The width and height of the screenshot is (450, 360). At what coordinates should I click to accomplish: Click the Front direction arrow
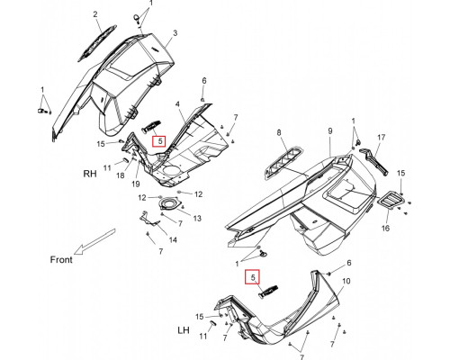click(x=94, y=241)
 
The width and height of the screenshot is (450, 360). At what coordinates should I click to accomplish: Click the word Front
click(x=61, y=259)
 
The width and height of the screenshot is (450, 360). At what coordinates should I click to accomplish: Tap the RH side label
click(x=90, y=174)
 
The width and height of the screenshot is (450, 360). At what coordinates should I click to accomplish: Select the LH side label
click(x=184, y=330)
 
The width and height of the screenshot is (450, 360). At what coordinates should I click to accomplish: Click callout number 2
click(x=95, y=14)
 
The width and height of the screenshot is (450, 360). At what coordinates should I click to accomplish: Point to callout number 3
click(x=175, y=32)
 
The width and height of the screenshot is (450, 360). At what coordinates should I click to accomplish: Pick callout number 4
click(x=177, y=104)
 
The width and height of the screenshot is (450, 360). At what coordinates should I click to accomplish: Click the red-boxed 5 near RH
click(x=159, y=140)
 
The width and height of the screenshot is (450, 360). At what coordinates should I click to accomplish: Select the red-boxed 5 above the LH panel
click(x=253, y=277)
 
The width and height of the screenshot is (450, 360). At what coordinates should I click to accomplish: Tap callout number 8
click(x=279, y=132)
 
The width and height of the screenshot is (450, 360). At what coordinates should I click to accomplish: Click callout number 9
click(x=330, y=131)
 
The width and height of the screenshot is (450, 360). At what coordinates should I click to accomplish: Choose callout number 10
click(x=346, y=281)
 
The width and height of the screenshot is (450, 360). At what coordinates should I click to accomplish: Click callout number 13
click(x=197, y=218)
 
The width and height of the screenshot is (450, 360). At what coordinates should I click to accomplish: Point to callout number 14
click(x=173, y=239)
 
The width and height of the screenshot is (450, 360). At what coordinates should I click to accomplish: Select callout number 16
click(x=385, y=229)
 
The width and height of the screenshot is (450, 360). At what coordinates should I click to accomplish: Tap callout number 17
click(x=381, y=138)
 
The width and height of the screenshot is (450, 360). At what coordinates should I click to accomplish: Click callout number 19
click(x=136, y=184)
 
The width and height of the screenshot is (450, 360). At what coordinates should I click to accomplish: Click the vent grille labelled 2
click(x=96, y=43)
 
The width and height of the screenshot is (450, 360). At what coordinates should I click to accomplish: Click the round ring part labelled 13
click(x=170, y=204)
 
